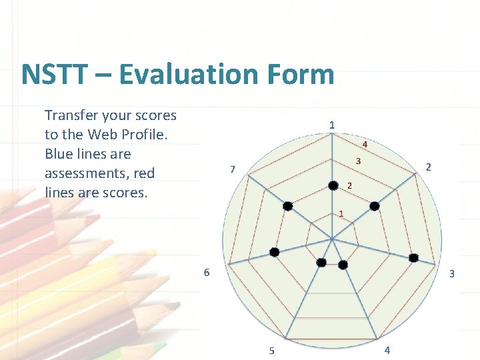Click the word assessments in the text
(x=87, y=173)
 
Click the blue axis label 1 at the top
(x=332, y=125)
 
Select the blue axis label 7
(x=232, y=169)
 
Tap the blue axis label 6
(x=207, y=272)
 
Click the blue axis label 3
(x=451, y=273)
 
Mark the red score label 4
(x=365, y=144)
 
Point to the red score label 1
(x=341, y=214)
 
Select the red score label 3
(x=358, y=161)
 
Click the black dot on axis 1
(x=333, y=185)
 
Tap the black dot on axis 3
(x=413, y=258)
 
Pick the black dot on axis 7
(x=287, y=206)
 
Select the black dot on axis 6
(x=274, y=252)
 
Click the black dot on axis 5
(x=321, y=263)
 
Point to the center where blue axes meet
(x=332, y=238)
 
